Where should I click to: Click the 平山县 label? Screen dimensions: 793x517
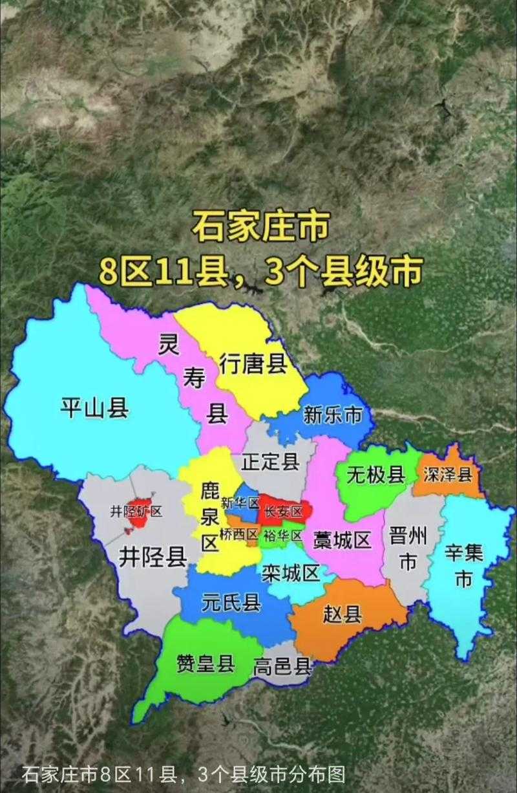click(x=94, y=408)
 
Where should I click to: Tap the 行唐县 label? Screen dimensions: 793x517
click(x=253, y=364)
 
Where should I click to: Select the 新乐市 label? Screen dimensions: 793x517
click(x=333, y=415)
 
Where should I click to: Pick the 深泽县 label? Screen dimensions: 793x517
click(x=448, y=475)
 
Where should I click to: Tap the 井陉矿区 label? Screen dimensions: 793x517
click(x=136, y=511)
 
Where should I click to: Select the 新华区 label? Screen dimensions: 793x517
click(x=239, y=503)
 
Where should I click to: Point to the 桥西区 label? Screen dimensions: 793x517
click(x=238, y=534)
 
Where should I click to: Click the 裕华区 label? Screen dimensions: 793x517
click(x=283, y=535)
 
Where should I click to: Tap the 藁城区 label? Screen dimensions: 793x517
click(x=343, y=539)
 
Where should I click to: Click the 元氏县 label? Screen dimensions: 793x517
click(x=231, y=603)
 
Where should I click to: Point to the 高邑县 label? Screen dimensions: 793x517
click(x=282, y=666)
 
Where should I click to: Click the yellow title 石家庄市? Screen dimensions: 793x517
click(x=260, y=228)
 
